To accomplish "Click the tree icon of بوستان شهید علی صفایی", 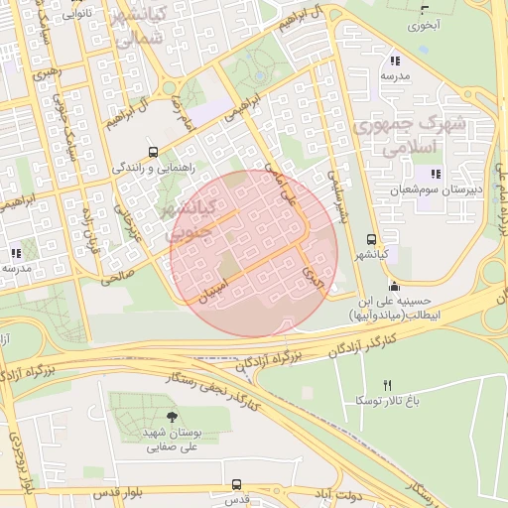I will [174, 417].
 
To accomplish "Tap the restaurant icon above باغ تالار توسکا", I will [388, 385].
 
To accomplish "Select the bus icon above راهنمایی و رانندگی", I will [153, 152].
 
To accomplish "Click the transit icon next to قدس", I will [236, 484].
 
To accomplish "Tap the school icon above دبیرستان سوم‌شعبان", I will [435, 174].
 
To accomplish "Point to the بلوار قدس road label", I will [116, 493].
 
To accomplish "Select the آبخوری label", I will [429, 23].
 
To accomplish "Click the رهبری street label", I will [46, 74].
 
